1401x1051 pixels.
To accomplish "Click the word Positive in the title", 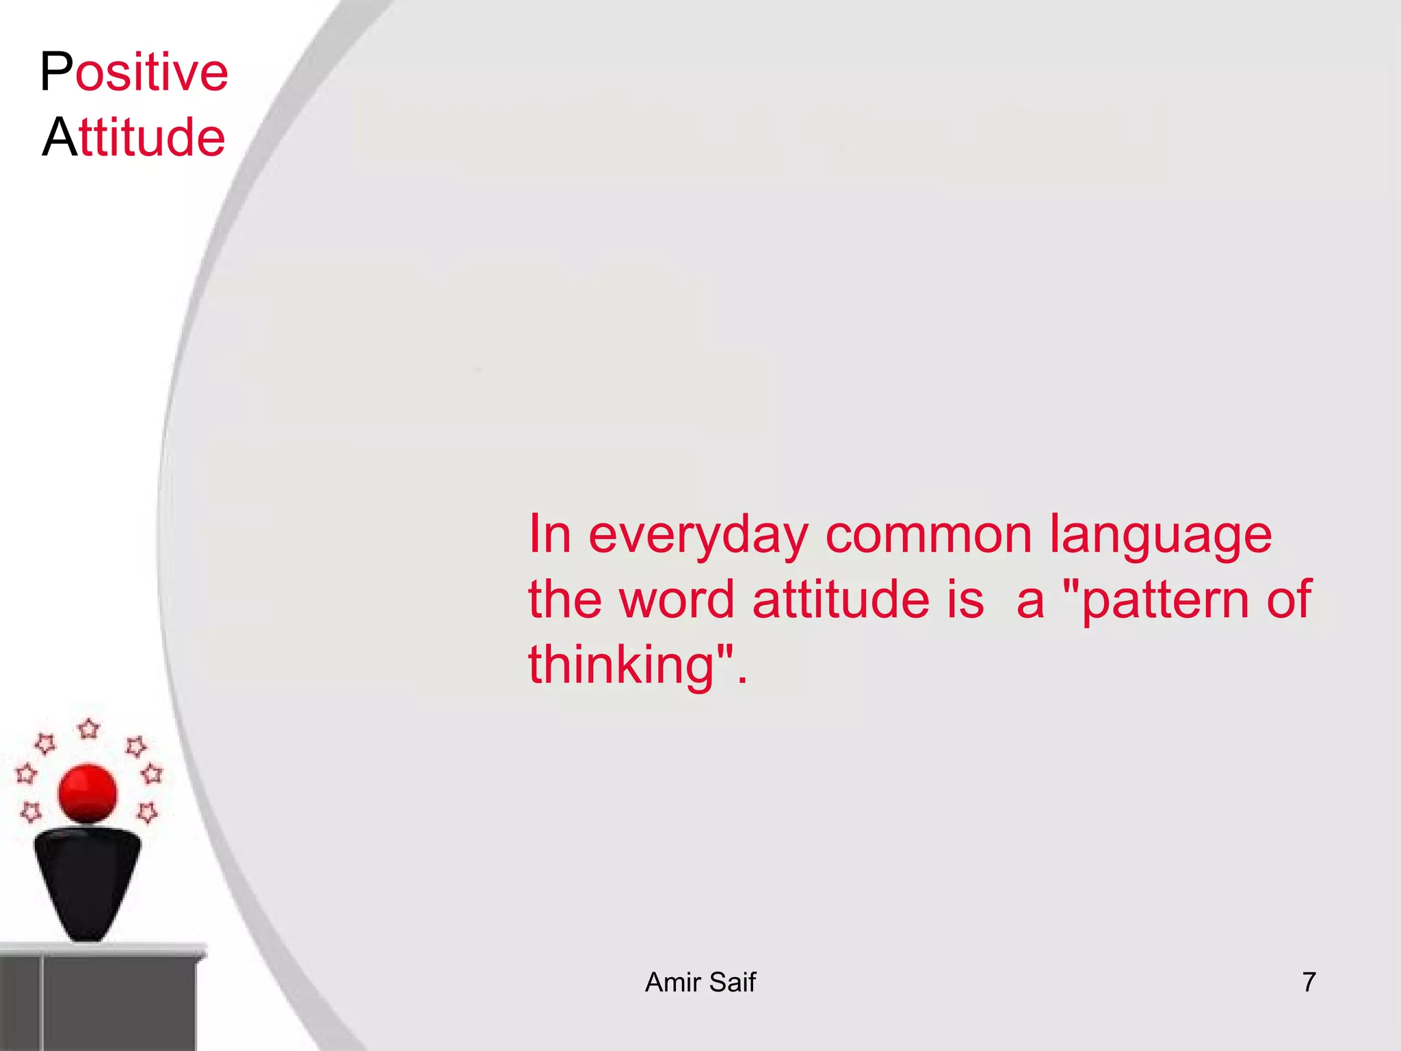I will point(134,72).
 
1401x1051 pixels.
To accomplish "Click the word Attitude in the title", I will point(134,137).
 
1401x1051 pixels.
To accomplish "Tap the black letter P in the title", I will point(56,72).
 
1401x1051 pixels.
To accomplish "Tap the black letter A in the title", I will point(60,137).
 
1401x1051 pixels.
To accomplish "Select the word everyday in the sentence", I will point(698,536).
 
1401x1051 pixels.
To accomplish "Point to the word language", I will point(1160,536).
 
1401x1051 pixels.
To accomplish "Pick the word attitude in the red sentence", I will point(841,599).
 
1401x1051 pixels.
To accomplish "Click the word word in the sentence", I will point(676,599).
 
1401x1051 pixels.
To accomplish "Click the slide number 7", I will point(1309,983).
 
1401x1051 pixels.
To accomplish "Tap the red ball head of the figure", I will point(88,794).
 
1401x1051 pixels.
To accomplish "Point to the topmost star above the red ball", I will point(89,729).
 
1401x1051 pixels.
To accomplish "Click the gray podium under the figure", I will point(103,999).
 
